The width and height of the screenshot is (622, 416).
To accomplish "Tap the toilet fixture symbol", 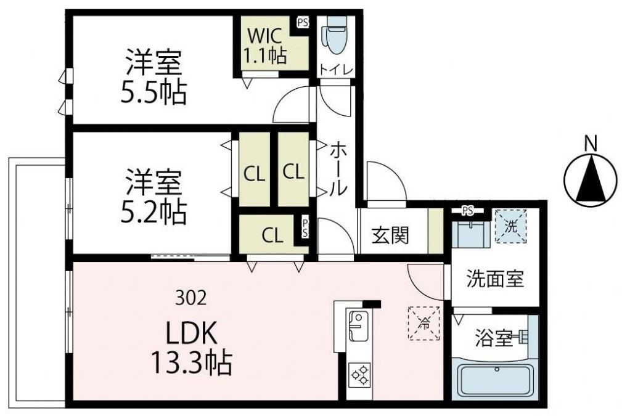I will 336,36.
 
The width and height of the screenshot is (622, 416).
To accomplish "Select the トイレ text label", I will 336,71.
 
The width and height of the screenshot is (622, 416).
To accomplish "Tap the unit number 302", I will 190,300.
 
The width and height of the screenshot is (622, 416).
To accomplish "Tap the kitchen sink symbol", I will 358,326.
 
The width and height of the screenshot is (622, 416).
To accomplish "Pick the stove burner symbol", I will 359,374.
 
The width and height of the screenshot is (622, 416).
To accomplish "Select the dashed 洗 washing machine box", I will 510,226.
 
